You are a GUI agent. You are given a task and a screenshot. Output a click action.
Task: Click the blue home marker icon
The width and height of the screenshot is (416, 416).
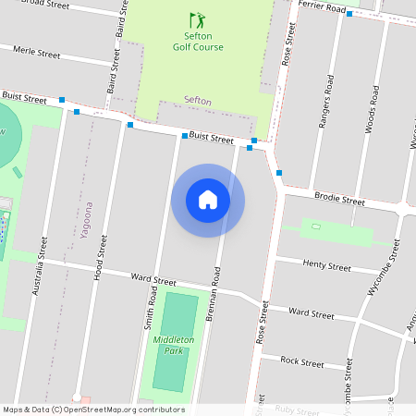click(208, 200)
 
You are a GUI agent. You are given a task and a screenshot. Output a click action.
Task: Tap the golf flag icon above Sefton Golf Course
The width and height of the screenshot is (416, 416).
click(195, 19)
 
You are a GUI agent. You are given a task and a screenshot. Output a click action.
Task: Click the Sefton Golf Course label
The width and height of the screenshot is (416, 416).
click(197, 41)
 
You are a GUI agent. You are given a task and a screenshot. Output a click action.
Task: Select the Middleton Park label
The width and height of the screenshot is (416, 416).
click(173, 346)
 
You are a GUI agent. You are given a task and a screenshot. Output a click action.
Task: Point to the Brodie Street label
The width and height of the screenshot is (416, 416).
click(339, 199)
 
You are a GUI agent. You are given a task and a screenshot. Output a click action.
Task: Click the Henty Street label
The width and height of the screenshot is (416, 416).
click(326, 265)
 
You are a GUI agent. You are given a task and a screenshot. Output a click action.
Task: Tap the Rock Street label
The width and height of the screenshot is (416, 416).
click(301, 362)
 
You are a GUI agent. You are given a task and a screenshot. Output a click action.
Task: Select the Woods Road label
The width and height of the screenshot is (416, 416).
click(372, 109)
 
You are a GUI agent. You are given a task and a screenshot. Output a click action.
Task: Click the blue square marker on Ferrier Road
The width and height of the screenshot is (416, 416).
click(349, 14)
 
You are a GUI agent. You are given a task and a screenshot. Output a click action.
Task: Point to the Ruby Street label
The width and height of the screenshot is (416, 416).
click(296, 410)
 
